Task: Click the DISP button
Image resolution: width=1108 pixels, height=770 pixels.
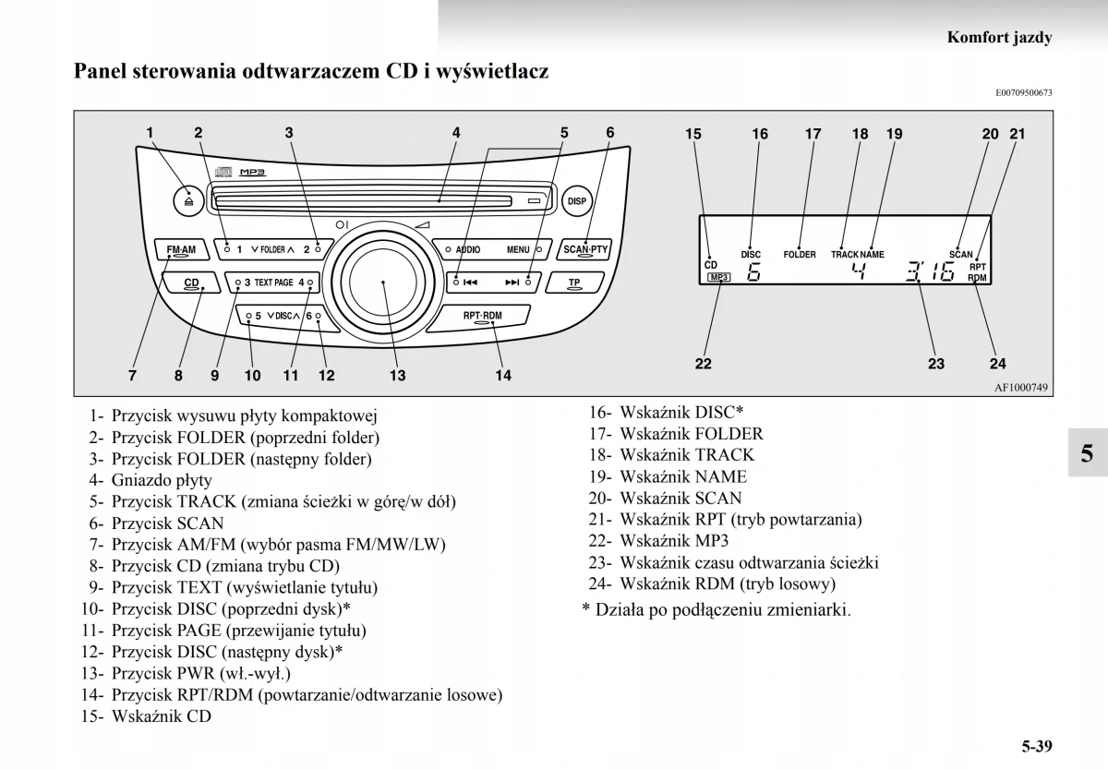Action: tap(577, 200)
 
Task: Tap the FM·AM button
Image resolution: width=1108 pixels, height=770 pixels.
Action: tap(181, 250)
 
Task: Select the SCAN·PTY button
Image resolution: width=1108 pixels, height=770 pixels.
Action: tap(585, 249)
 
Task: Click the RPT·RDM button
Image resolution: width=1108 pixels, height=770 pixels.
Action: tap(483, 317)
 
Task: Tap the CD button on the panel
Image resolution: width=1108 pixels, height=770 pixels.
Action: tap(191, 283)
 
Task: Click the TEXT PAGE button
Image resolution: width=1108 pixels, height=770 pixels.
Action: tap(274, 283)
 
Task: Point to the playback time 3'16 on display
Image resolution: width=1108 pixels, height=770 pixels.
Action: tap(929, 272)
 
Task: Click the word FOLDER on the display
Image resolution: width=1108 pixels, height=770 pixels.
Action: tap(800, 254)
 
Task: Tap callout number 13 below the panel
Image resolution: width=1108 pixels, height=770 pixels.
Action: tap(397, 376)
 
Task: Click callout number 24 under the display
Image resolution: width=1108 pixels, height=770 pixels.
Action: tap(997, 364)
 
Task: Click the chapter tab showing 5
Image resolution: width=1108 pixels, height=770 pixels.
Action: tap(1087, 452)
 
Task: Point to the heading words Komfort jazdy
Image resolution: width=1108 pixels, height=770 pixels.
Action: tap(1000, 38)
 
